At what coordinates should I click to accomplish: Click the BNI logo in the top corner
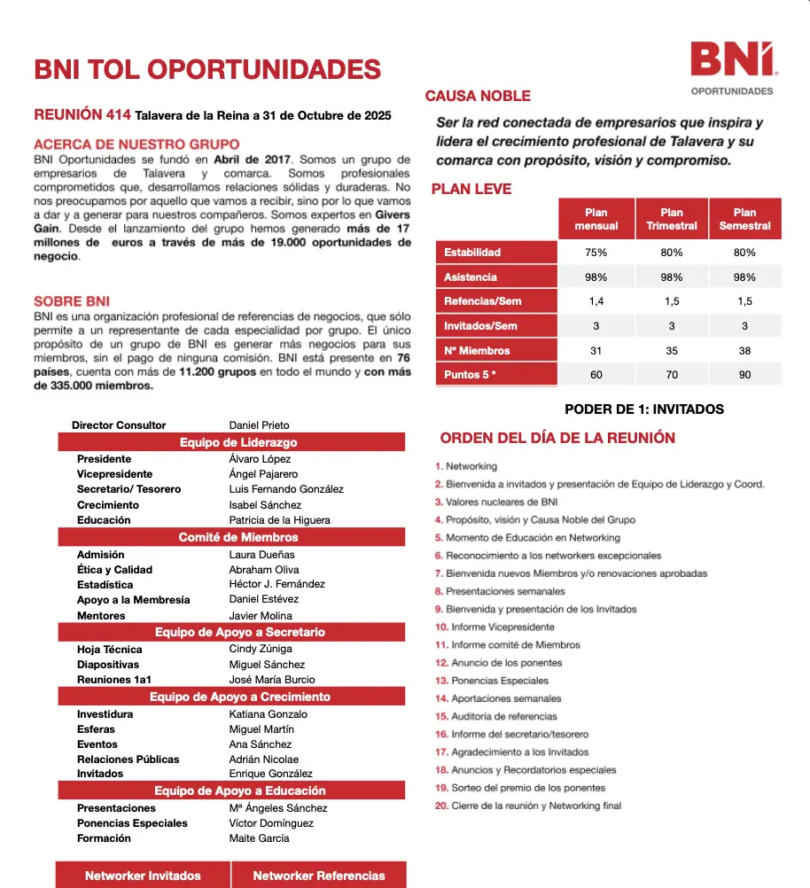coord(732,60)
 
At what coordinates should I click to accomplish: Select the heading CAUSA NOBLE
coord(478,96)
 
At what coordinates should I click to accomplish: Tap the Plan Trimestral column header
coord(672,219)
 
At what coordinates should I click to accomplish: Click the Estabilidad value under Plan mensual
coord(596,253)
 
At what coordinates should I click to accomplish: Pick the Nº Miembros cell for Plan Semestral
coord(744,350)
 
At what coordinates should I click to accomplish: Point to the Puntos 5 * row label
coord(470,375)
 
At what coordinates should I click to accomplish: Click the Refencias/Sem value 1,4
coord(596,301)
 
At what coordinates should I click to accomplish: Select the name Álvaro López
coord(260,459)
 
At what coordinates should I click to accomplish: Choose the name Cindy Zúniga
coord(261,650)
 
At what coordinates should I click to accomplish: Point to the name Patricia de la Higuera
coord(279,520)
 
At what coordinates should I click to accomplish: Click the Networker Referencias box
coord(319,876)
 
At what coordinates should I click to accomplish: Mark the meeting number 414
coord(118,115)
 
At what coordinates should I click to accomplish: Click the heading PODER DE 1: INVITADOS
coord(644,409)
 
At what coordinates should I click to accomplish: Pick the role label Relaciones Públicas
coord(128,759)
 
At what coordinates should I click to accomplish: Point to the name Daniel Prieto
coord(259,425)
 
